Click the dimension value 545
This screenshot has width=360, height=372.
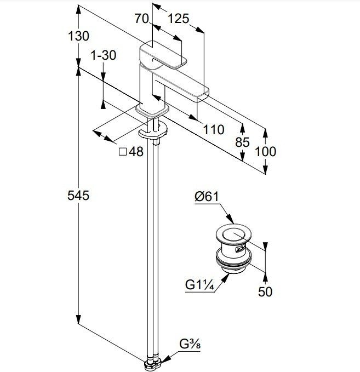[79, 195]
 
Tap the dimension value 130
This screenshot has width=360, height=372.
[79, 37]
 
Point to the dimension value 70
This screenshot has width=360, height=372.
[142, 19]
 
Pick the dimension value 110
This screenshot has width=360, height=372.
[213, 130]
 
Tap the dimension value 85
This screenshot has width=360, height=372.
[242, 142]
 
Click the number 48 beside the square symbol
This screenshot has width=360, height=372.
[136, 152]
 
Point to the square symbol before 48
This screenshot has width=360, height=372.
[123, 151]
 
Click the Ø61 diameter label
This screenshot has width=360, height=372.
[207, 196]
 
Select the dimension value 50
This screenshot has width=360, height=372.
[265, 291]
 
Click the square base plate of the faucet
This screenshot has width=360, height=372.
[150, 112]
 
